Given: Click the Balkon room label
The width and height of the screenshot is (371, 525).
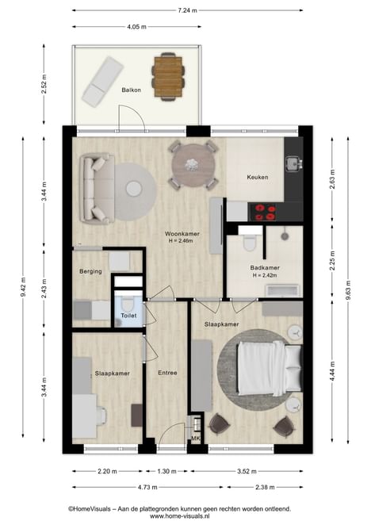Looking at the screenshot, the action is [131, 90].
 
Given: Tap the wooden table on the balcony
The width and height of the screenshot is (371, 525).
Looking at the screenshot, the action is [168, 77].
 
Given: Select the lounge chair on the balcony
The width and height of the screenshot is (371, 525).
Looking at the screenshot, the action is [102, 82].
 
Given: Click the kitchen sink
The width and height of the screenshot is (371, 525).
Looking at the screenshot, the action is [293, 163].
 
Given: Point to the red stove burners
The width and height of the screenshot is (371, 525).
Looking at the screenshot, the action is [266, 213].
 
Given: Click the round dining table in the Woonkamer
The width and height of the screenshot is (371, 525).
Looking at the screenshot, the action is [193, 165].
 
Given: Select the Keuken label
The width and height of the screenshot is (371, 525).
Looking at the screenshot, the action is [258, 177].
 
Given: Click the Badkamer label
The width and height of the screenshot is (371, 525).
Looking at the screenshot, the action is [265, 267].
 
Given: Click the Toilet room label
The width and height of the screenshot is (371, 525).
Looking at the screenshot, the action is [128, 316].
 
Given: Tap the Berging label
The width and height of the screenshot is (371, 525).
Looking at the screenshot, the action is [90, 271].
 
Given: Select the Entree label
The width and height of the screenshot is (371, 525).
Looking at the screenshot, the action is [167, 373].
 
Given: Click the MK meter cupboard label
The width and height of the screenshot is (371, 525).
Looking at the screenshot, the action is [195, 438].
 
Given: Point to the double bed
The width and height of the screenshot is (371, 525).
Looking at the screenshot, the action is [270, 368].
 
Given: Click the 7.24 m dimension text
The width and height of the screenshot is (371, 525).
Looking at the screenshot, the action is [188, 10].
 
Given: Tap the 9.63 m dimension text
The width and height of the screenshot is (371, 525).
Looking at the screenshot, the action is [348, 290].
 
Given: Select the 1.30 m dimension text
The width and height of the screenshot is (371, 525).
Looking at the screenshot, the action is [166, 471].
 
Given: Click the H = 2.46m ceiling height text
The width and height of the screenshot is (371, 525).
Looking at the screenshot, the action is [181, 240].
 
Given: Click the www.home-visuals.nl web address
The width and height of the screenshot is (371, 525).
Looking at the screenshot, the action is [180, 516].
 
